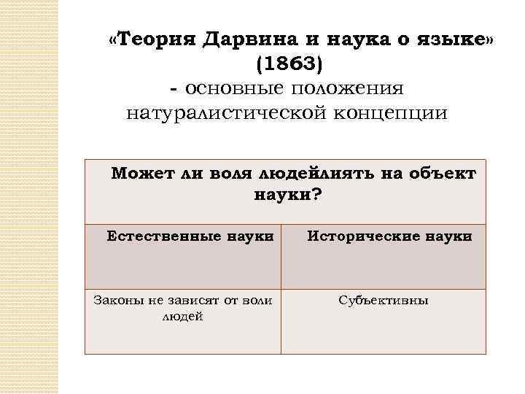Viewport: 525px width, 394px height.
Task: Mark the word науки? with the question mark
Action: point(287,195)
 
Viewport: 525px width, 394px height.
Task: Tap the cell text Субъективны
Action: point(384,300)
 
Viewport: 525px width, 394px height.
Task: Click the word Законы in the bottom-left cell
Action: point(114,300)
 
